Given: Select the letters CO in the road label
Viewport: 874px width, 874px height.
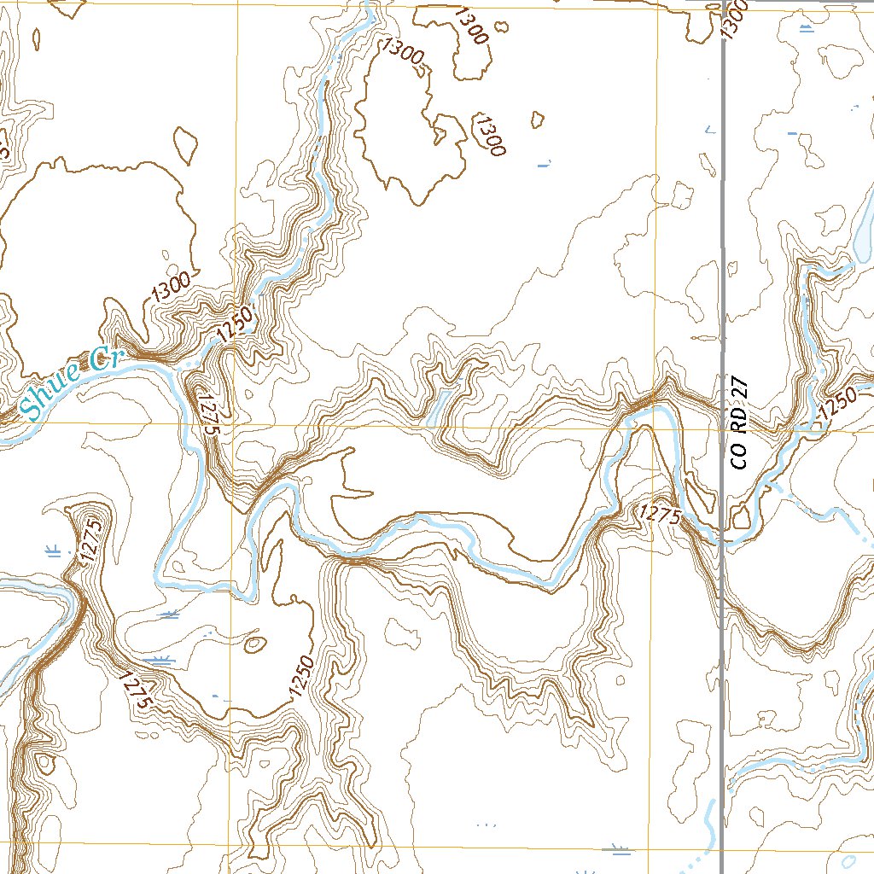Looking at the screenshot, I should point(739,457).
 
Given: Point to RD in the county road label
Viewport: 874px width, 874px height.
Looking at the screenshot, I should point(741,422).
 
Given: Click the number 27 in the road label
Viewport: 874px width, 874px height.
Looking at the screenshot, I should point(741,388).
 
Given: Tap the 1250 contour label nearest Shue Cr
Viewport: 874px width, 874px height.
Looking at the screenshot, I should point(236,326).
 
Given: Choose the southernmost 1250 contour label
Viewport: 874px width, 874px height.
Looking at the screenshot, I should point(302,677).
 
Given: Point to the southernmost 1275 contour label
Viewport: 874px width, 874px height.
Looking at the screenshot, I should point(137,690).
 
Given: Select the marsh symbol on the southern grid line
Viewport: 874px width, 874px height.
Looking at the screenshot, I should point(618,848).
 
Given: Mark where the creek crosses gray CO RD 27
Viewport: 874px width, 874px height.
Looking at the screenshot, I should point(723,540).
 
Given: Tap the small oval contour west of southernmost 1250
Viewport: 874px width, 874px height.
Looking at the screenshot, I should point(253,644).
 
